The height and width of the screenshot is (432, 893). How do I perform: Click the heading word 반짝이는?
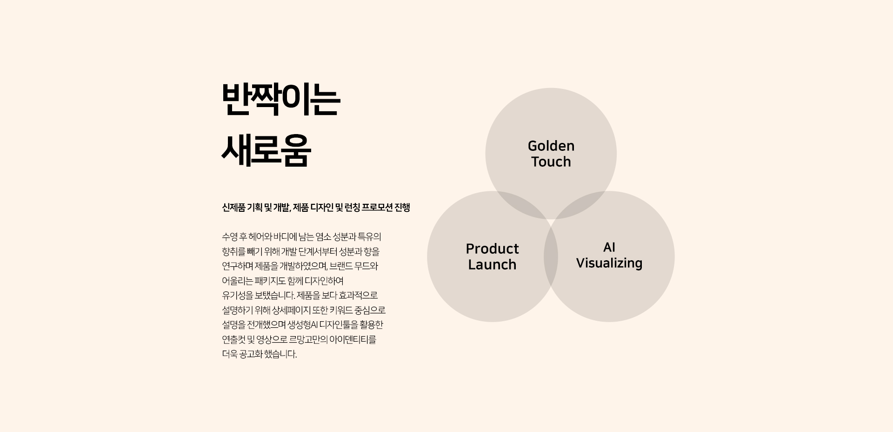(x=281, y=100)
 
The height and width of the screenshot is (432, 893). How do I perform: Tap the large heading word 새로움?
(x=266, y=151)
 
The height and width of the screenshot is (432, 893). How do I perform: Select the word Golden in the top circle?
(x=551, y=146)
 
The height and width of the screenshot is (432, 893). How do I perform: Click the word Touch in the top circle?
(x=551, y=162)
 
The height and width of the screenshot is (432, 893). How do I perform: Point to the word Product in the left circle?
(x=492, y=249)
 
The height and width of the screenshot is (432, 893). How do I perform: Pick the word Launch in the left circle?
(x=492, y=265)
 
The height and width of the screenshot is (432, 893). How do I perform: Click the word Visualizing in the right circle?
(x=609, y=263)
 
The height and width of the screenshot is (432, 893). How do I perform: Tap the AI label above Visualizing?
(x=609, y=247)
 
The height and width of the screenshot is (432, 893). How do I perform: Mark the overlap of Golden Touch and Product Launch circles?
(x=521, y=205)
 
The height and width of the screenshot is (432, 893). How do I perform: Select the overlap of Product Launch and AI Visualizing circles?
(x=551, y=256)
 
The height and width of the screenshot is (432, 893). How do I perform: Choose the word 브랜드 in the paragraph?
(x=343, y=266)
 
